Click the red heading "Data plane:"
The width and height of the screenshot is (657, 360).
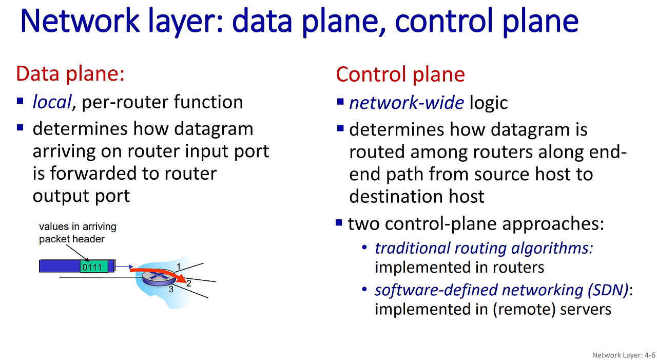70,73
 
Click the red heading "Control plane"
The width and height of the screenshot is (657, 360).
400,74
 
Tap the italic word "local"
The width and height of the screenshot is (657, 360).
52,102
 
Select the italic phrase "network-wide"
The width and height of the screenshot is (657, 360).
407,103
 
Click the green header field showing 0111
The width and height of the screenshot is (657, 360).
94,267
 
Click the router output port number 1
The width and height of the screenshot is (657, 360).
179,267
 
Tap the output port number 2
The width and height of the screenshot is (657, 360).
188,283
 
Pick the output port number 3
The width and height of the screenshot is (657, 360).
171,290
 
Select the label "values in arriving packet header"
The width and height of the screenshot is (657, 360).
78,233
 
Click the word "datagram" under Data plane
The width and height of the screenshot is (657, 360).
214,129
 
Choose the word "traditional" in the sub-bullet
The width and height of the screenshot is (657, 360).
412,248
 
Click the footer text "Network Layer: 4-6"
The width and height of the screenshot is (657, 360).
624,355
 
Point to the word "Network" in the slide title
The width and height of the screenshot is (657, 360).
80,21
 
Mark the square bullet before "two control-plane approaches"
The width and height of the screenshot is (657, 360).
339,223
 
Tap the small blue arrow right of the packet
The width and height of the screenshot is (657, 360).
124,267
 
